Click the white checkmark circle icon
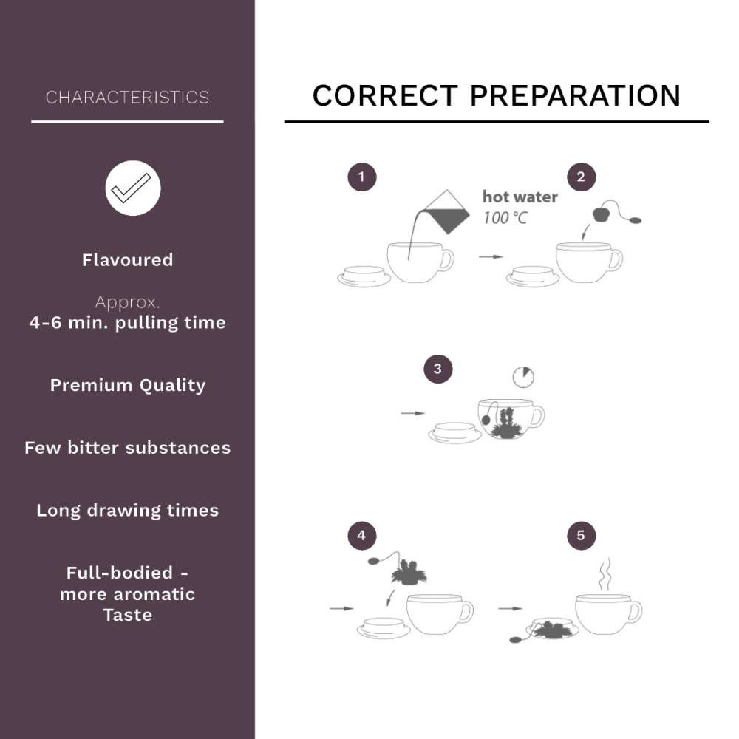[x=133, y=188]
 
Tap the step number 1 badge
[x=362, y=177]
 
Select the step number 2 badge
[x=581, y=177]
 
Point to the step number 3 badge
[x=437, y=369]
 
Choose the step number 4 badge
[x=362, y=535]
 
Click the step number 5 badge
[x=581, y=535]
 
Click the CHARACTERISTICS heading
[x=127, y=97]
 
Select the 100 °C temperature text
[x=505, y=218]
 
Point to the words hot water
[x=520, y=197]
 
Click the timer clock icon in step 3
[x=523, y=377]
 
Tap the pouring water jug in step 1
[x=446, y=212]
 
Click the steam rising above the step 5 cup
[x=605, y=574]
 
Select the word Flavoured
[x=128, y=259]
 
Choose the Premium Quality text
[x=128, y=386]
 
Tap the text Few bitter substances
[x=128, y=448]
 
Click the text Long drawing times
[x=128, y=511]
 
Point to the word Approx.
[x=128, y=302]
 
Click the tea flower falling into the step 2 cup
[x=602, y=214]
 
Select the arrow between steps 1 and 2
[x=491, y=257]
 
